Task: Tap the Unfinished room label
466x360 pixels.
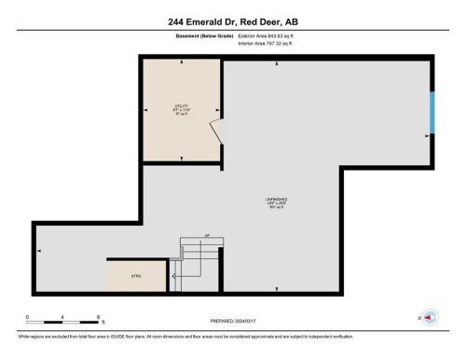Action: click(x=276, y=202)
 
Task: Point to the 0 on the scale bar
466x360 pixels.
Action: click(x=28, y=318)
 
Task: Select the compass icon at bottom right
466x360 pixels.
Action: click(x=431, y=318)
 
